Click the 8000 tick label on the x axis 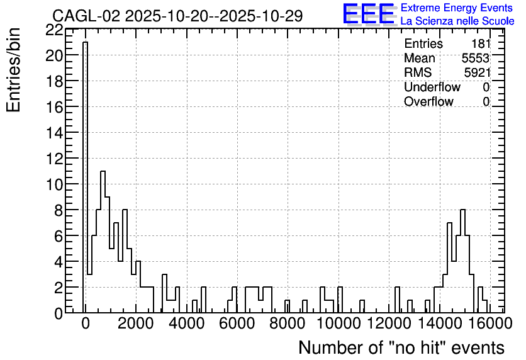point(288,323)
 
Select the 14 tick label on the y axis point(55,133)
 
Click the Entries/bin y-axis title point(14,70)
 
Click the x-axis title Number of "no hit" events point(401,348)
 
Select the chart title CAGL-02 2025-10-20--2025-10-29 point(177,16)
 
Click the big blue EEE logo point(369,14)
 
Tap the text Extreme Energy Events point(457,8)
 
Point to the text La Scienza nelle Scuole point(457,21)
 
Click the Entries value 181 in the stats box point(481,43)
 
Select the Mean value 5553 point(476,58)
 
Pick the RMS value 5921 point(477,72)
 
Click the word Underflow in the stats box point(432,87)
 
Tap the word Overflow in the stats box point(428,101)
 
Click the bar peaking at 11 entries point(103,242)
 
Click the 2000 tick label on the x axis point(136,323)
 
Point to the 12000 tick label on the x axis point(389,323)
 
